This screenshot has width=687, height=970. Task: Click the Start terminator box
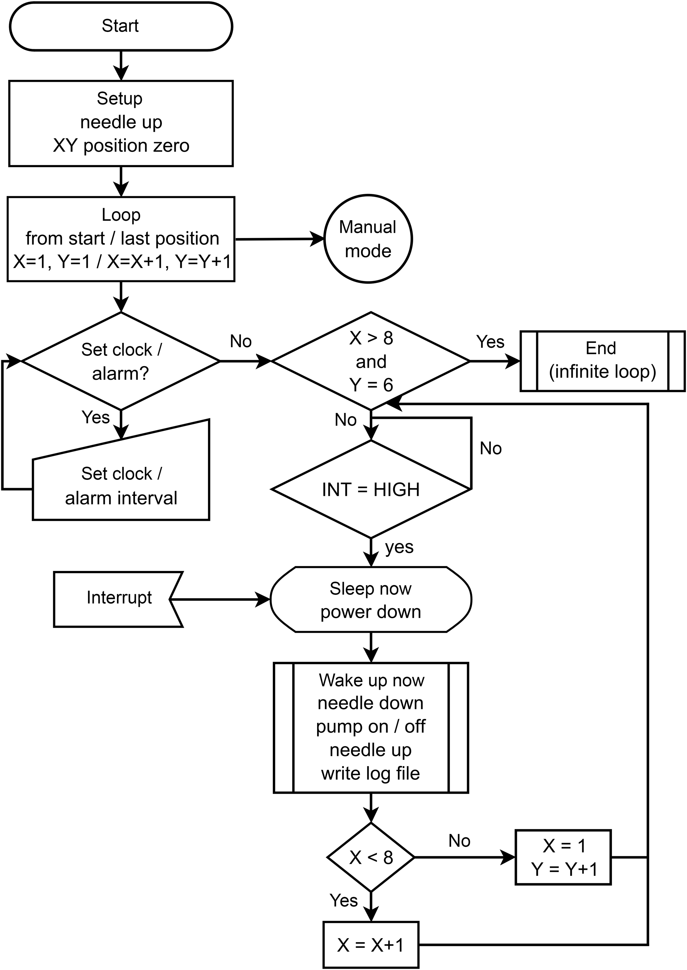pos(121,26)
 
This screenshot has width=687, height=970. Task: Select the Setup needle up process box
pos(121,123)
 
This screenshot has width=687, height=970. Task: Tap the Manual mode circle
pos(368,239)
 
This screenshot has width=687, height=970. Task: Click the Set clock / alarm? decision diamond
pos(121,361)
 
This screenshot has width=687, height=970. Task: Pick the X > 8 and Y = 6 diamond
pos(371,361)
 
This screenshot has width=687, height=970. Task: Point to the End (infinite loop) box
pos(602,361)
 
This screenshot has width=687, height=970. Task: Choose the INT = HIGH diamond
pos(371,489)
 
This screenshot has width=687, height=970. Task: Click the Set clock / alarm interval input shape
pos(121,483)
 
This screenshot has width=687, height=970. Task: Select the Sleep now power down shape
pos(371,600)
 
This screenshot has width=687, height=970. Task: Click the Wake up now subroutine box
pos(371,727)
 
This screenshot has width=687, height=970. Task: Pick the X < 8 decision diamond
pos(371,857)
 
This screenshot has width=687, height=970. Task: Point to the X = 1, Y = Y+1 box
pos(563,857)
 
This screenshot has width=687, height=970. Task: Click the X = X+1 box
pos(371,945)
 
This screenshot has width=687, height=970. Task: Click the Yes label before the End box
pos(490,342)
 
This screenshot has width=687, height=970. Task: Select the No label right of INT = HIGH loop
pos(491,449)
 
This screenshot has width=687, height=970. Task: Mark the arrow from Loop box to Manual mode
pos(279,239)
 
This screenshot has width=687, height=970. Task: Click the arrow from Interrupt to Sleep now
pos(220,599)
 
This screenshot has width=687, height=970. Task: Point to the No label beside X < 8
pos(459,841)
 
